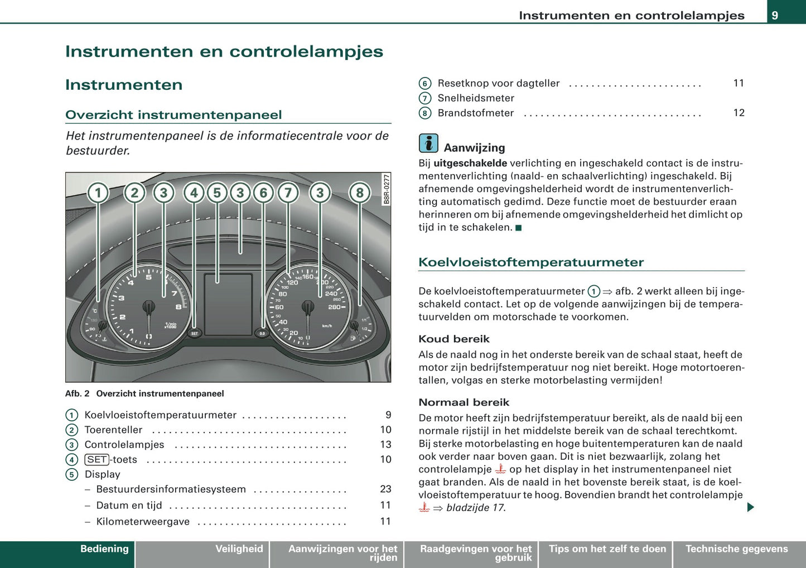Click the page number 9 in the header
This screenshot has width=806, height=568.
tap(775, 15)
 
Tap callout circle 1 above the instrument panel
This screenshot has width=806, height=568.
tap(98, 193)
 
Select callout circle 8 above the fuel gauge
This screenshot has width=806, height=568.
tap(360, 193)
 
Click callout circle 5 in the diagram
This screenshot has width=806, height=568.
tap(217, 193)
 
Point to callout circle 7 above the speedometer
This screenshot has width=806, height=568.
tap(288, 193)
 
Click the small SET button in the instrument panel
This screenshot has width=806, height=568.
tap(194, 333)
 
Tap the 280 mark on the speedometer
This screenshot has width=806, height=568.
tap(334, 307)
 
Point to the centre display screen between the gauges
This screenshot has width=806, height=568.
tap(228, 304)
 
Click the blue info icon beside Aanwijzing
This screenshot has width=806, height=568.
tap(428, 143)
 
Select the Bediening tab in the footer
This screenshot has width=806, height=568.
tap(104, 549)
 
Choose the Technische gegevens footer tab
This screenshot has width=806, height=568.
tap(736, 549)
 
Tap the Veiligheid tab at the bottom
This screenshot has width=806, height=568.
tap(239, 549)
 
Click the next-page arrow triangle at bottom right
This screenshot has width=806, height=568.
tap(750, 507)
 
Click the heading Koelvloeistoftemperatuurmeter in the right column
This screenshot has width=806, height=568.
tap(531, 262)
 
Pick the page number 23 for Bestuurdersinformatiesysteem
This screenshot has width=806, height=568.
tap(385, 489)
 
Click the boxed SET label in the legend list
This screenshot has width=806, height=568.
tap(97, 460)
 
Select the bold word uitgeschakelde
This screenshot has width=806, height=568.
tap(470, 163)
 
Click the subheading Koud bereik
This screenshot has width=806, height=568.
tap(454, 339)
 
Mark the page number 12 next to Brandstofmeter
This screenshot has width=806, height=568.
tap(739, 113)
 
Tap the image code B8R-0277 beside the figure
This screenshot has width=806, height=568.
tap(387, 190)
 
